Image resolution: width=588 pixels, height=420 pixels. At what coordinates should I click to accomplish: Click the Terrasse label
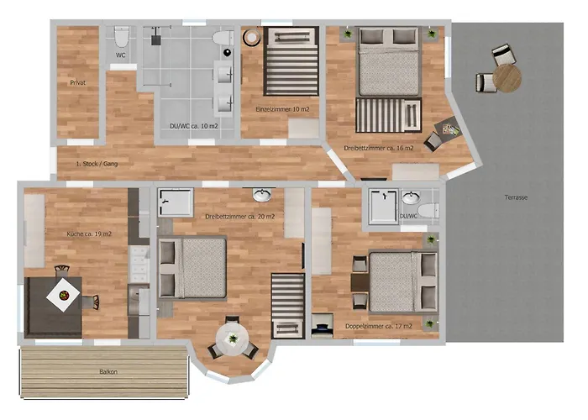(516, 197)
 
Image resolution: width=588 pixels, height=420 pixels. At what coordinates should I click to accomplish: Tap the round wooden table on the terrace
(507, 78)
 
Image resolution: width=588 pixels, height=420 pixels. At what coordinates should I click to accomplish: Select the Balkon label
(108, 371)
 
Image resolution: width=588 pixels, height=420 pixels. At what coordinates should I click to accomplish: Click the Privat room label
(78, 82)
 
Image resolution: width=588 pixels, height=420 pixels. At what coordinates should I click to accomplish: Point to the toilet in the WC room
(121, 36)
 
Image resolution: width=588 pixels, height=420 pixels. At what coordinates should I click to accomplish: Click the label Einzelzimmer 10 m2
(282, 109)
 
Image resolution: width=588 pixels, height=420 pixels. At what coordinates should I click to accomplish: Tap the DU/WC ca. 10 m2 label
(194, 126)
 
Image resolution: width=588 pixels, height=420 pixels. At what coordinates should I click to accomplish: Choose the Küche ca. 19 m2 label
(89, 234)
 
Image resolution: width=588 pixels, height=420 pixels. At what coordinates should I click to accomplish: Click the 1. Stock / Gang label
(97, 164)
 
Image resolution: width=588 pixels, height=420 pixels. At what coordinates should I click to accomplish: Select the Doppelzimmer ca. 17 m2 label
(379, 326)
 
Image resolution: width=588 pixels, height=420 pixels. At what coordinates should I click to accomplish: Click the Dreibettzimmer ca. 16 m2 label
(379, 148)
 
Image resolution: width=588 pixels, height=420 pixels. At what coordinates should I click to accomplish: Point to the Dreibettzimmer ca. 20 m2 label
(240, 217)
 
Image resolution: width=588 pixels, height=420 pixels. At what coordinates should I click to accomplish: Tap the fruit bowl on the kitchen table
(64, 295)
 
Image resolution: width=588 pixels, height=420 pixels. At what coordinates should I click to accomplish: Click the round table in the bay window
(233, 339)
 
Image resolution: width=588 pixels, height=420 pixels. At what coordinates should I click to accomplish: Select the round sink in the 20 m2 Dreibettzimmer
(262, 195)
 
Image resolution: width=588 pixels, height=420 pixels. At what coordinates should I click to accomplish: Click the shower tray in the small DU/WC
(383, 207)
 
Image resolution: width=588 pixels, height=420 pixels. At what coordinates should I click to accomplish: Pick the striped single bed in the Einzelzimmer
(291, 60)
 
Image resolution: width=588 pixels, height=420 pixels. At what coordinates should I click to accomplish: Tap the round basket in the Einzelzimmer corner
(251, 37)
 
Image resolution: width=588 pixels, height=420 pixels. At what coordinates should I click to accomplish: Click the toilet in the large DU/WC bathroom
(223, 38)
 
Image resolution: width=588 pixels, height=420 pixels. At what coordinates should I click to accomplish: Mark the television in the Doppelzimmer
(322, 326)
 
